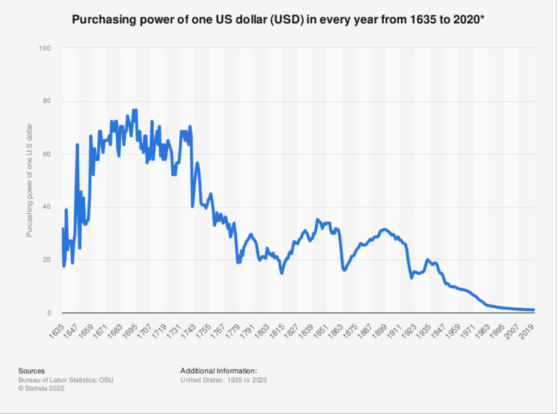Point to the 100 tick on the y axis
point(45,49)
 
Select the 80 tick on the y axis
point(46,102)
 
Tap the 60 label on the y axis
point(46,154)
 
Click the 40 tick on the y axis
point(46,207)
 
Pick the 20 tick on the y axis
point(46,260)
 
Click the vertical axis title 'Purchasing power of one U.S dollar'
point(30,181)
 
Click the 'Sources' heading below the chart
point(32,370)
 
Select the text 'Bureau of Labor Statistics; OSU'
point(65,379)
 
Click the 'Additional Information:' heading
point(218,370)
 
